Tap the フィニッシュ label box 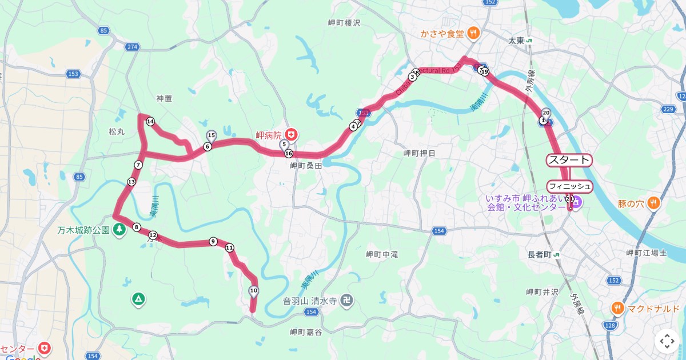coord(569,186)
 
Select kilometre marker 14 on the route coord(150,122)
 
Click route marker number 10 coord(254,291)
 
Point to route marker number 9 coord(213,242)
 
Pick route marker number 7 coord(138,165)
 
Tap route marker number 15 coord(211,135)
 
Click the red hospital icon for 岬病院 coord(292,135)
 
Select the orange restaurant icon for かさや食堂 coord(473,33)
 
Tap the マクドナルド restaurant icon coord(617,309)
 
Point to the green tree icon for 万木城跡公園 coord(119,230)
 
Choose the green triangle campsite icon coord(138,298)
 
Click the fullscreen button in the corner coord(667,341)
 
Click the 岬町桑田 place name coord(306,166)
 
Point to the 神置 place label coord(164,98)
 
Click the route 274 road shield coord(133,47)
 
